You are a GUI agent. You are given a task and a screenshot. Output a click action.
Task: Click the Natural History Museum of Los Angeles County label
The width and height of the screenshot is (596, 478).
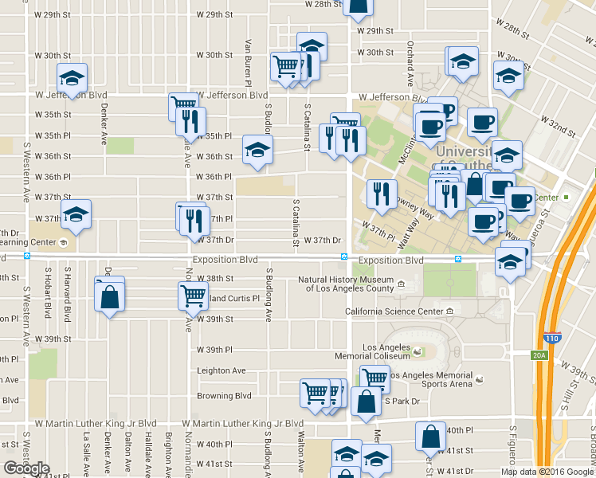tap(346, 284)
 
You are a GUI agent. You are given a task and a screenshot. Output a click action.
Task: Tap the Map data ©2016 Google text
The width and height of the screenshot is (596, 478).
tap(547, 472)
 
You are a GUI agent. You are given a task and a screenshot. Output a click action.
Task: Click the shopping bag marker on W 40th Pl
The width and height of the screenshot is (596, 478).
tap(430, 437)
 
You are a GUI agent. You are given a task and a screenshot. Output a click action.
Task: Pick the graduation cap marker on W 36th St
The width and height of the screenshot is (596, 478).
tap(257, 149)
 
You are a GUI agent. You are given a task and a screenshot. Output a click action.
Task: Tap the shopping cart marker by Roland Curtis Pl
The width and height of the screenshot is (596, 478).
tap(193, 296)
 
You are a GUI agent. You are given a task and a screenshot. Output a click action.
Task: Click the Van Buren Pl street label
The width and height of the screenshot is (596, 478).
tap(249, 63)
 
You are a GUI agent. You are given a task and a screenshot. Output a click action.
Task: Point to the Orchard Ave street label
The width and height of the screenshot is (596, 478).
tap(410, 54)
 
